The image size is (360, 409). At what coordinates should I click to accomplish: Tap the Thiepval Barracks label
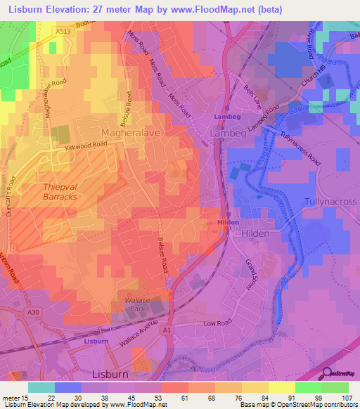(x=50, y=192)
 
